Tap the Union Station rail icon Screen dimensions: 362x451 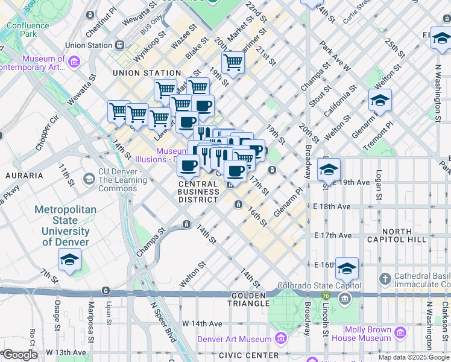tap(120, 45)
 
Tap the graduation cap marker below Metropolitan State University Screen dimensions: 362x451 tap(70, 260)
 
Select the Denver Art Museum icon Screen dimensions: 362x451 tap(280, 339)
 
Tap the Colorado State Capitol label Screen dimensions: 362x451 tap(319, 285)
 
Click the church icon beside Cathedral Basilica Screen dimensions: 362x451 tap(386, 279)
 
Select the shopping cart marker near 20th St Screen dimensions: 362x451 tap(233, 62)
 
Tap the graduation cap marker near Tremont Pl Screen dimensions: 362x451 tap(380, 100)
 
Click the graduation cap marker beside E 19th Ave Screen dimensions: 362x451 tap(329, 169)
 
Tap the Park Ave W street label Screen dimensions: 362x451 tap(335, 56)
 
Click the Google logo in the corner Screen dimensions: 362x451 tap(20, 355)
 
